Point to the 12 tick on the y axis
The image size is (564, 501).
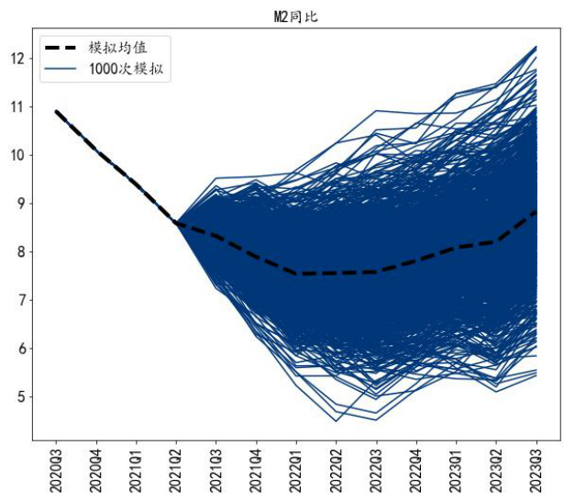[x=16, y=58]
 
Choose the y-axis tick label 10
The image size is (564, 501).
[x=16, y=155]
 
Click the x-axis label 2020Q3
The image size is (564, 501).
[x=57, y=471]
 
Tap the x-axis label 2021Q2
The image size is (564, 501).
[x=176, y=471]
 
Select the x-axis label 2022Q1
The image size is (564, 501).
[x=296, y=471]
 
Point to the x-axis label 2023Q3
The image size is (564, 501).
[x=536, y=471]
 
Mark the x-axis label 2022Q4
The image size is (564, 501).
[x=416, y=471]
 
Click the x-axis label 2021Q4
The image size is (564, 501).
[x=256, y=471]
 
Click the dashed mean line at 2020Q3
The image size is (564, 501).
[x=57, y=112]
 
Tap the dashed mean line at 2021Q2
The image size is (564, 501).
[x=176, y=223]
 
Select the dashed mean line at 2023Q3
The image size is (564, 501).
[x=536, y=212]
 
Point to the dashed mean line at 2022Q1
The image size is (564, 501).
[x=296, y=273]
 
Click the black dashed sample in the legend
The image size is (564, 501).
[x=62, y=48]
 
